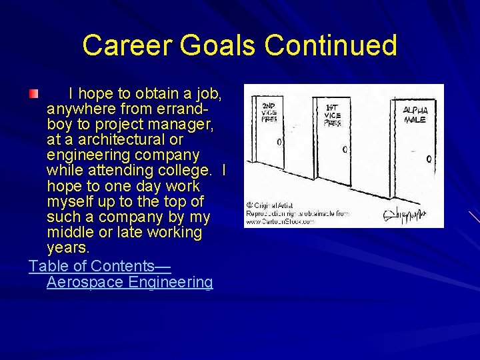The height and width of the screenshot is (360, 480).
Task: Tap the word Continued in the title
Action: pyautogui.click(x=331, y=45)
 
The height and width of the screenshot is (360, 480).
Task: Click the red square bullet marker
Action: pyautogui.click(x=33, y=93)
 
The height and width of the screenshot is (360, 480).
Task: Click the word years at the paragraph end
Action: pyautogui.click(x=68, y=248)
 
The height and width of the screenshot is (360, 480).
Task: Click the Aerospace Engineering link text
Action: pyautogui.click(x=130, y=282)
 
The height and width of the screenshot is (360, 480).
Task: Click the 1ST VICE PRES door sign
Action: pyautogui.click(x=332, y=115)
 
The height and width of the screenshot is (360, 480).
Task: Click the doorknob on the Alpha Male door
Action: pyautogui.click(x=429, y=159)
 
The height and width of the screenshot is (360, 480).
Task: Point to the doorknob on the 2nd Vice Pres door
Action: pyautogui.click(x=279, y=142)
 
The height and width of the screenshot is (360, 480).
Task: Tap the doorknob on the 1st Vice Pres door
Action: pyautogui.click(x=345, y=149)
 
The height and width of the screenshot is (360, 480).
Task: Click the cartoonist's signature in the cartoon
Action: pyautogui.click(x=405, y=214)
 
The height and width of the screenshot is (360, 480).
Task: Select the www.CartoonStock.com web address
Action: pyautogui.click(x=279, y=221)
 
